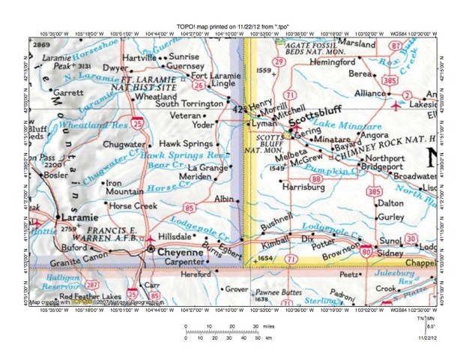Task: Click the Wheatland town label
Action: click(x=155, y=97)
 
